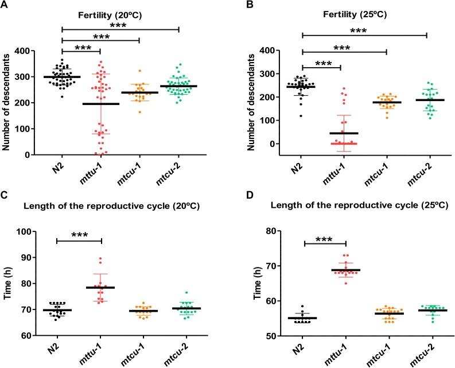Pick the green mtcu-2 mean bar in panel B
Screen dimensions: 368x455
coord(418,100)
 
